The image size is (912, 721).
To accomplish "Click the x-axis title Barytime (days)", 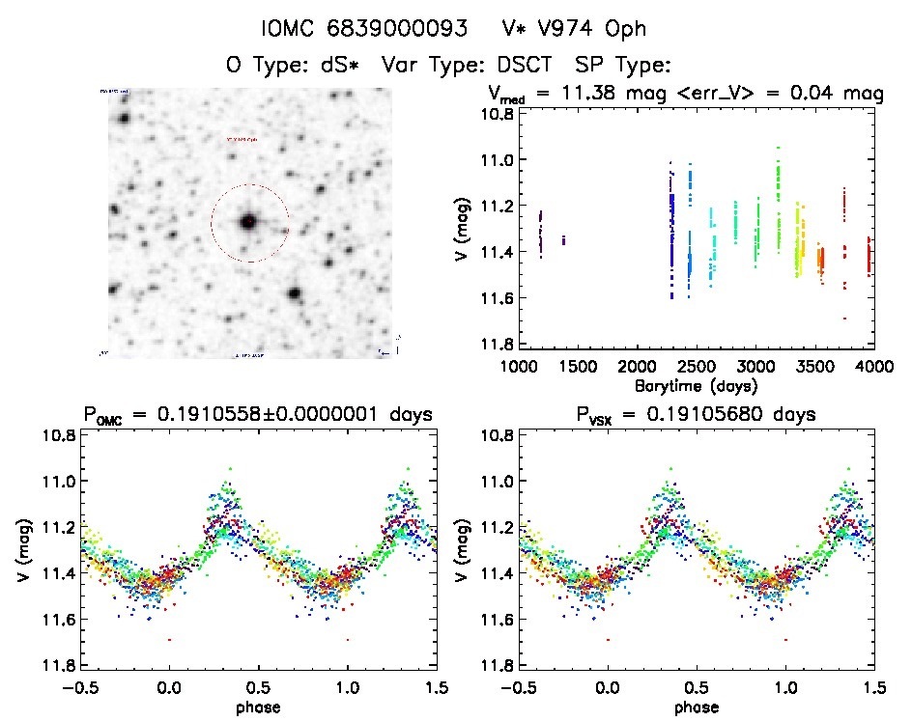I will point(696,385).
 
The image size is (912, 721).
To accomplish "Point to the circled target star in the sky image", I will point(249,222).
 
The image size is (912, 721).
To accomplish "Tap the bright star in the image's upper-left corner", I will point(124,119).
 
